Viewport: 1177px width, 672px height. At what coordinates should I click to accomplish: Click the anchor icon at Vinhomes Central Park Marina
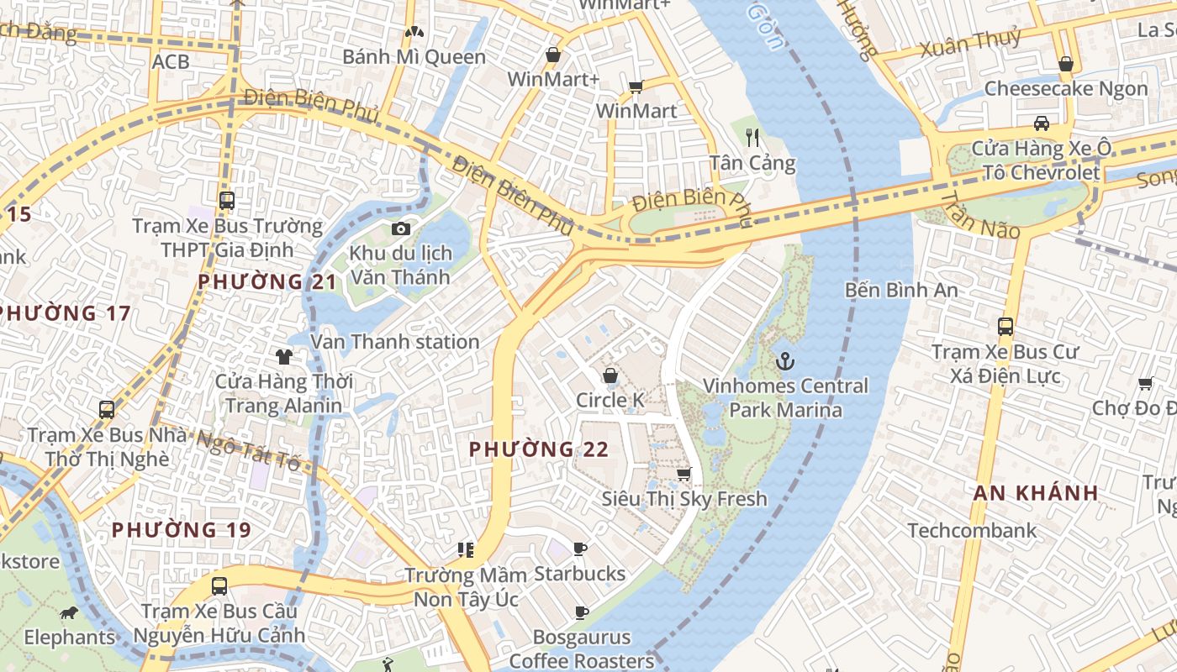[x=784, y=361]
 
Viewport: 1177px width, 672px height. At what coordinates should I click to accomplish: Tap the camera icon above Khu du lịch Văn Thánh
[x=401, y=228]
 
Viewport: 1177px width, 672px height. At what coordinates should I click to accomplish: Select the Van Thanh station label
[x=395, y=342]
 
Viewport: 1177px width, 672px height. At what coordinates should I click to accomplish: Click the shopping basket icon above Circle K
[x=610, y=375]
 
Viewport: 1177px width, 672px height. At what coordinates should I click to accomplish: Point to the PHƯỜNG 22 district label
[x=539, y=449]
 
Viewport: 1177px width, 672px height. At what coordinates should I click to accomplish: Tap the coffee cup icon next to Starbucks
[x=580, y=549]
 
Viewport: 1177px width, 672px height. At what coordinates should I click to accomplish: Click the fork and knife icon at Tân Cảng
[x=752, y=138]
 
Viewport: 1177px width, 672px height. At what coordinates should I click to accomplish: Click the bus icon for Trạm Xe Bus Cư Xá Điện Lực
[x=1005, y=327]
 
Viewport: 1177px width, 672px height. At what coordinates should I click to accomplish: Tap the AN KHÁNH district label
[x=1037, y=493]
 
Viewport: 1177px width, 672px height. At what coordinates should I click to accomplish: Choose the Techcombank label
[x=972, y=531]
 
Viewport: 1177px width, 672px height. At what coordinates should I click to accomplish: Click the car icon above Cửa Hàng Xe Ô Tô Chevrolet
[x=1042, y=123]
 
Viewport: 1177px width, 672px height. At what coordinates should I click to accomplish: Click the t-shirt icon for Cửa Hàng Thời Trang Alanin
[x=284, y=357]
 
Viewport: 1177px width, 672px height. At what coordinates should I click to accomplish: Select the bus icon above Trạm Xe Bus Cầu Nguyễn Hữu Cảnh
[x=219, y=585]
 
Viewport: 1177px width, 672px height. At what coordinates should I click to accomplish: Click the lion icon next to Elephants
[x=69, y=612]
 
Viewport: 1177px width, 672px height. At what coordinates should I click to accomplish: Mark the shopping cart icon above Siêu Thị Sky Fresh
[x=684, y=474]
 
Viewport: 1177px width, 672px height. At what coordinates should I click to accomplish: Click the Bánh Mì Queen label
[x=414, y=57]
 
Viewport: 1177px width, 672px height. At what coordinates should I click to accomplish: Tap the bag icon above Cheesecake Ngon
[x=1066, y=64]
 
